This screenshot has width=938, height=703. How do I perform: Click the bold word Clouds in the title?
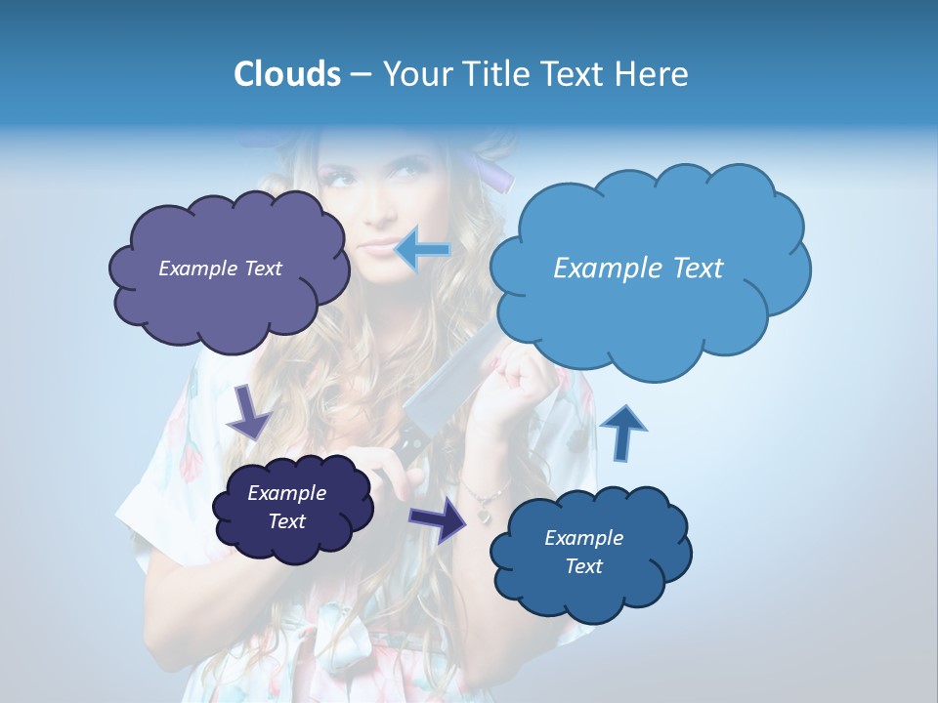click(286, 74)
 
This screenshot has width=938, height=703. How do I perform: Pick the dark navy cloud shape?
click(293, 508)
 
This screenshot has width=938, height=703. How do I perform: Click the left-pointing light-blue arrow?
click(422, 250)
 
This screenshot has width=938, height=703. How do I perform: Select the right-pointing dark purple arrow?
click(439, 519)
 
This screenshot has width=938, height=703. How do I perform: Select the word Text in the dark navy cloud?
click(286, 521)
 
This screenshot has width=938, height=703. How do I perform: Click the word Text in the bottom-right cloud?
click(583, 566)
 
